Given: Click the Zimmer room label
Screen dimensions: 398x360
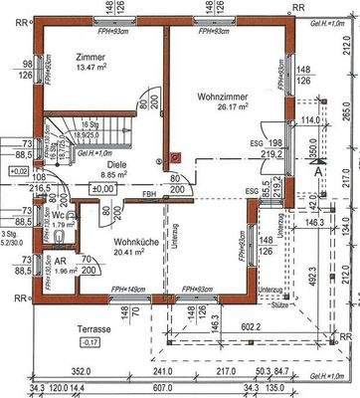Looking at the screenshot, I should tap(91, 57).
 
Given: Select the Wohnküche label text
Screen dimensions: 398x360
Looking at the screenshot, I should tap(133, 242).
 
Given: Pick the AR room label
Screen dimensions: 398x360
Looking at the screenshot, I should tap(61, 258).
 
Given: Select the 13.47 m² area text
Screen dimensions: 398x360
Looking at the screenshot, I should tap(91, 68).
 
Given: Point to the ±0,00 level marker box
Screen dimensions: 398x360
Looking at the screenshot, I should tap(100, 188).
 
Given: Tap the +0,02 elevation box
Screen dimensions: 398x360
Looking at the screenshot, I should tap(17, 172).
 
